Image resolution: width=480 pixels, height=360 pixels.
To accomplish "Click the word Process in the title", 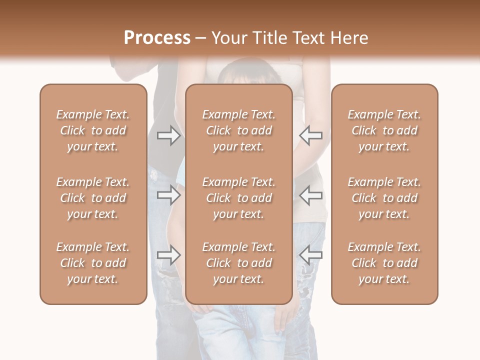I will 157,38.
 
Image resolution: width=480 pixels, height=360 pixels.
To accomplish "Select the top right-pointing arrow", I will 169,135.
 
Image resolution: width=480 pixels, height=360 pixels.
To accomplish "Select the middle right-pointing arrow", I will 169,195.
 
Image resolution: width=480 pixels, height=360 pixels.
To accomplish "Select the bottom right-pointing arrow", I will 169,255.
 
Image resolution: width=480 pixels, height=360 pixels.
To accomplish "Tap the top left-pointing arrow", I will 311,135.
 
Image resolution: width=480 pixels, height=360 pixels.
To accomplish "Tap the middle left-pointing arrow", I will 311,195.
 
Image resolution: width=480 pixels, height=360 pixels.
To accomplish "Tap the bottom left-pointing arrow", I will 311,255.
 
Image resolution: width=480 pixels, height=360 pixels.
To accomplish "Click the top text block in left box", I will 93,130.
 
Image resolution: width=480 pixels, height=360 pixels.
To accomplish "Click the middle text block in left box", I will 93,198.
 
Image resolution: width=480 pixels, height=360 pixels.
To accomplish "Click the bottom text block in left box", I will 93,263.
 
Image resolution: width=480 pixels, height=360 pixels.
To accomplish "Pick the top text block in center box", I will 238,130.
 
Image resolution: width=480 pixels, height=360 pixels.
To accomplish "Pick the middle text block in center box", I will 238,198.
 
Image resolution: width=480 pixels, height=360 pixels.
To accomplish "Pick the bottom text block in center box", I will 238,263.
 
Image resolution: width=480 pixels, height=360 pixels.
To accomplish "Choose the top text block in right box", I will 384,130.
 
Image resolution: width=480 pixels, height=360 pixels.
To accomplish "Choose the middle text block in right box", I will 384,198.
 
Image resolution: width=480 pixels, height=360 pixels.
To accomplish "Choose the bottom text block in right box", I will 384,263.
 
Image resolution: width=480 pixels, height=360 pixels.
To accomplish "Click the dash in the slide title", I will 200,38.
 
